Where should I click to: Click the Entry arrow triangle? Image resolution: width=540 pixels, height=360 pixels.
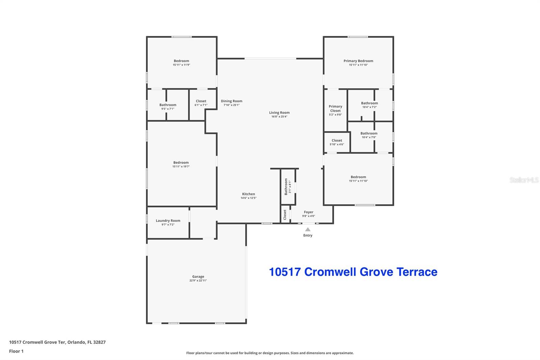point(308,229)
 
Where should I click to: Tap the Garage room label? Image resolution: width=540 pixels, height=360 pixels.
point(198,277)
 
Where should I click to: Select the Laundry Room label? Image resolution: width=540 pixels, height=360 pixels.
point(168,221)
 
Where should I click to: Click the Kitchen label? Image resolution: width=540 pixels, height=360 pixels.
point(248,194)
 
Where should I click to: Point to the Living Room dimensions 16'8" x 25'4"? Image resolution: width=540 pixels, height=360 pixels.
point(279,117)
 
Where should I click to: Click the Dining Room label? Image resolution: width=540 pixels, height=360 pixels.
point(232,101)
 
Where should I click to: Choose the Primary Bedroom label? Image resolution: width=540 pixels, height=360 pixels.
point(358,61)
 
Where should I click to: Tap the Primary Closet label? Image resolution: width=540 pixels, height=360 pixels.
point(335,109)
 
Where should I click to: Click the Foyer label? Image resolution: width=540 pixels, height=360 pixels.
point(308,212)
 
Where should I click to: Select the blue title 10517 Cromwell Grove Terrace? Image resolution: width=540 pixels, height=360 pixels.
point(353,272)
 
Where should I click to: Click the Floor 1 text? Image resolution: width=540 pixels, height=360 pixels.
point(17,351)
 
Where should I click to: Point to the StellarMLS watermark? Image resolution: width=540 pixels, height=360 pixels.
point(524,180)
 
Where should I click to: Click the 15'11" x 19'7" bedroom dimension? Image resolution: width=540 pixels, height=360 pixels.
point(181,166)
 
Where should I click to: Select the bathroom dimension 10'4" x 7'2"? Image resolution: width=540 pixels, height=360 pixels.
point(370,107)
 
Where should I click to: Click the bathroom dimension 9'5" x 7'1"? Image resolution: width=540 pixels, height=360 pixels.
point(168,109)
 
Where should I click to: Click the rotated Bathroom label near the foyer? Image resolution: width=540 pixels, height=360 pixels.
point(286,187)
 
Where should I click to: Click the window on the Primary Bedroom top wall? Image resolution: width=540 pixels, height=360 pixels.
point(358,37)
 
